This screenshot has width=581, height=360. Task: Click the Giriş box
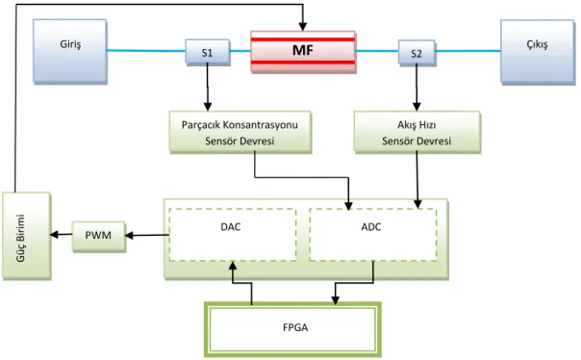click(70, 51)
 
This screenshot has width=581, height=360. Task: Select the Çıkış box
click(538, 52)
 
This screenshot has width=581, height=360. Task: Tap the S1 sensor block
click(208, 52)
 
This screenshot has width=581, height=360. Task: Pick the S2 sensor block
click(417, 53)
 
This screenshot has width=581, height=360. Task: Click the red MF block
click(303, 52)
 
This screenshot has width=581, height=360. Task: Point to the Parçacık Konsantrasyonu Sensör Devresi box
click(240, 132)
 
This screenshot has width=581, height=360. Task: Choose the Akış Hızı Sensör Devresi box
click(417, 132)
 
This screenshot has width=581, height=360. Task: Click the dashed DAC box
click(233, 234)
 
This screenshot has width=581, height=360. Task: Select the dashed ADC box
click(373, 234)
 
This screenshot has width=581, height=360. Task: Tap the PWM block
click(98, 237)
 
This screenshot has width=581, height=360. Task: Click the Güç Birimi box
click(26, 236)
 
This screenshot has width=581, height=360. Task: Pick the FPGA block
click(292, 329)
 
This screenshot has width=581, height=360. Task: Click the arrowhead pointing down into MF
click(303, 27)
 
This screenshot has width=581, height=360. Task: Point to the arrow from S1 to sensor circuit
click(208, 89)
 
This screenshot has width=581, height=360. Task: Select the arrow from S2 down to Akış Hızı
click(417, 89)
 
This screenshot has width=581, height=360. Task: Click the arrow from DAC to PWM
click(147, 235)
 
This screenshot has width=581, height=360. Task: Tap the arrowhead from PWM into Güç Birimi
click(55, 234)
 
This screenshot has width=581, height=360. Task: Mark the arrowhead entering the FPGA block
click(336, 300)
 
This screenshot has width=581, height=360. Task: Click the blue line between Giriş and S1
click(146, 51)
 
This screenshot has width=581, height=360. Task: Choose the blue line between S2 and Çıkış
click(468, 51)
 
